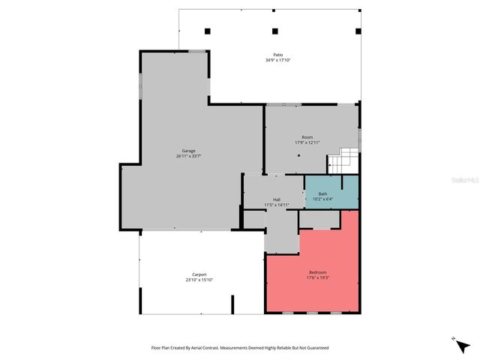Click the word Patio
coord(277,55)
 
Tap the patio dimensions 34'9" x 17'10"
coord(277,61)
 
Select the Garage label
coord(188,151)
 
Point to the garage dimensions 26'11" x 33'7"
coord(188,156)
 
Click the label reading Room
coord(307,137)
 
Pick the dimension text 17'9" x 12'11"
coord(307,142)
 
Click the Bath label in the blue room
coord(322,194)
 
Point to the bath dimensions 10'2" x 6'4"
coord(322,199)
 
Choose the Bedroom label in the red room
coord(318,272)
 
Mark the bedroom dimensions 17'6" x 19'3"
coord(318,277)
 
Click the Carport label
coord(199,274)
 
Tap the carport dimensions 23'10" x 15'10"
coord(199,280)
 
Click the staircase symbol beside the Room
coord(343,160)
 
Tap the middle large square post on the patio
coord(275,31)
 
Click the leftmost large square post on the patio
coord(208,31)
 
